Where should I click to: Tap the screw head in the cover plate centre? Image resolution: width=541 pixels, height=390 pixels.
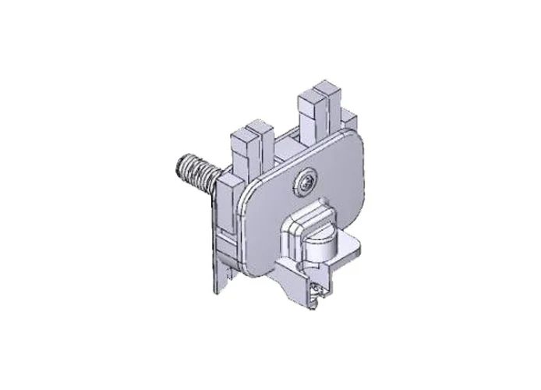click(x=305, y=183)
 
